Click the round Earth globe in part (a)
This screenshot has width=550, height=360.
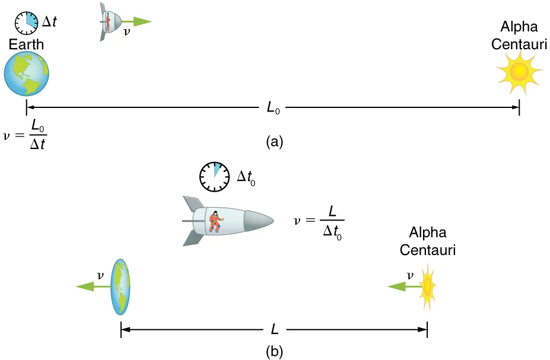pos(26,74)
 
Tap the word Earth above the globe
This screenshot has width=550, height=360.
pos(26,44)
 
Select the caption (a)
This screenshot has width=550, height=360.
pos(275,142)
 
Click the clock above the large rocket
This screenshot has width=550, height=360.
pos(213,176)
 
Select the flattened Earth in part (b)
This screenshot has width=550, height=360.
pos(120,286)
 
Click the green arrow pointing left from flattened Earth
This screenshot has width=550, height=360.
pos(94,286)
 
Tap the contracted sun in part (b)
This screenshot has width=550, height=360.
pos(427,286)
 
